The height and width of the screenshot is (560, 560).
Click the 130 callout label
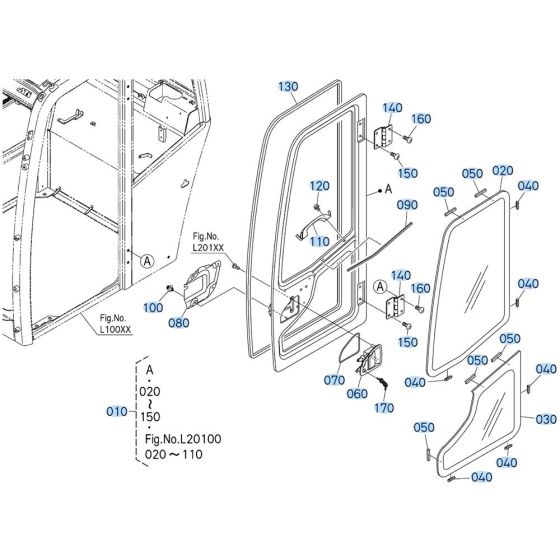pos(288,87)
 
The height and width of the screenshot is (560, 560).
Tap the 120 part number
pos(319,185)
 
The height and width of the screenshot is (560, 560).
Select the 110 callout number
pos(319,242)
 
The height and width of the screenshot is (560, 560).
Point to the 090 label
pos(406,205)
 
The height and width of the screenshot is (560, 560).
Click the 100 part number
pos(153,307)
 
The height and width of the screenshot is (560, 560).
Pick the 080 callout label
pos(179,323)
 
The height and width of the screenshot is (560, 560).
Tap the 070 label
pos(333,381)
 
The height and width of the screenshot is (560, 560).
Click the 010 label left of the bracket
pos(117,412)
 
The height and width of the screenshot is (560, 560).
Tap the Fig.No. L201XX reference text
pos(210,241)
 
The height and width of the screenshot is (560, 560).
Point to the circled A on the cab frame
pos(147,260)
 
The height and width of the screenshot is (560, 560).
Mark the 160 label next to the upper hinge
pos(421,119)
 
